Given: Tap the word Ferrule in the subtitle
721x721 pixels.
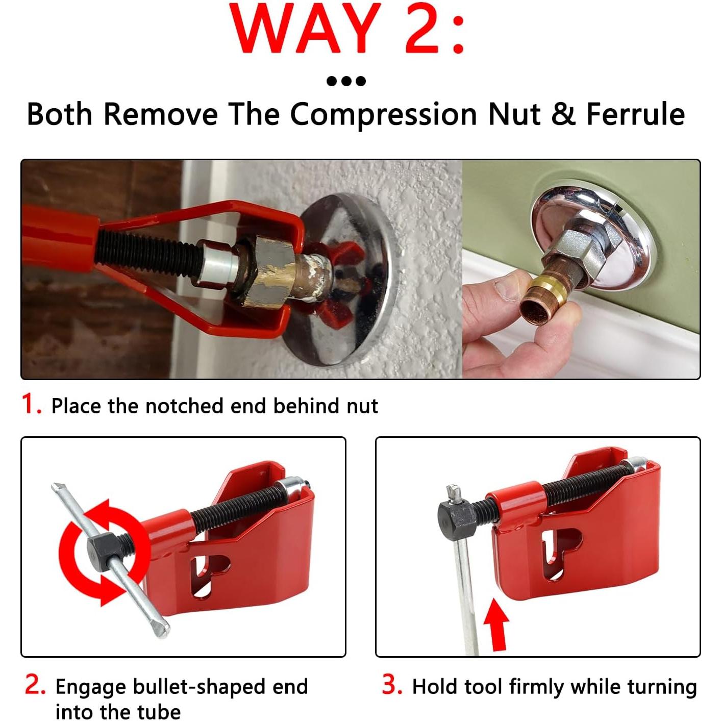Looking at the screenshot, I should [635, 114].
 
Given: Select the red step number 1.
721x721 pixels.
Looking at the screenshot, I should [31, 404].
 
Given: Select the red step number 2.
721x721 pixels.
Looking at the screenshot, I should [35, 685].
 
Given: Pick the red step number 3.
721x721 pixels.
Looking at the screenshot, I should [392, 685].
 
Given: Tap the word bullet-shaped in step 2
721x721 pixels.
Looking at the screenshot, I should [200, 687].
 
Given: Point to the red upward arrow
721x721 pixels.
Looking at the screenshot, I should [495, 624].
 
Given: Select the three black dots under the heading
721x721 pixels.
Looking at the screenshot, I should [346, 81].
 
